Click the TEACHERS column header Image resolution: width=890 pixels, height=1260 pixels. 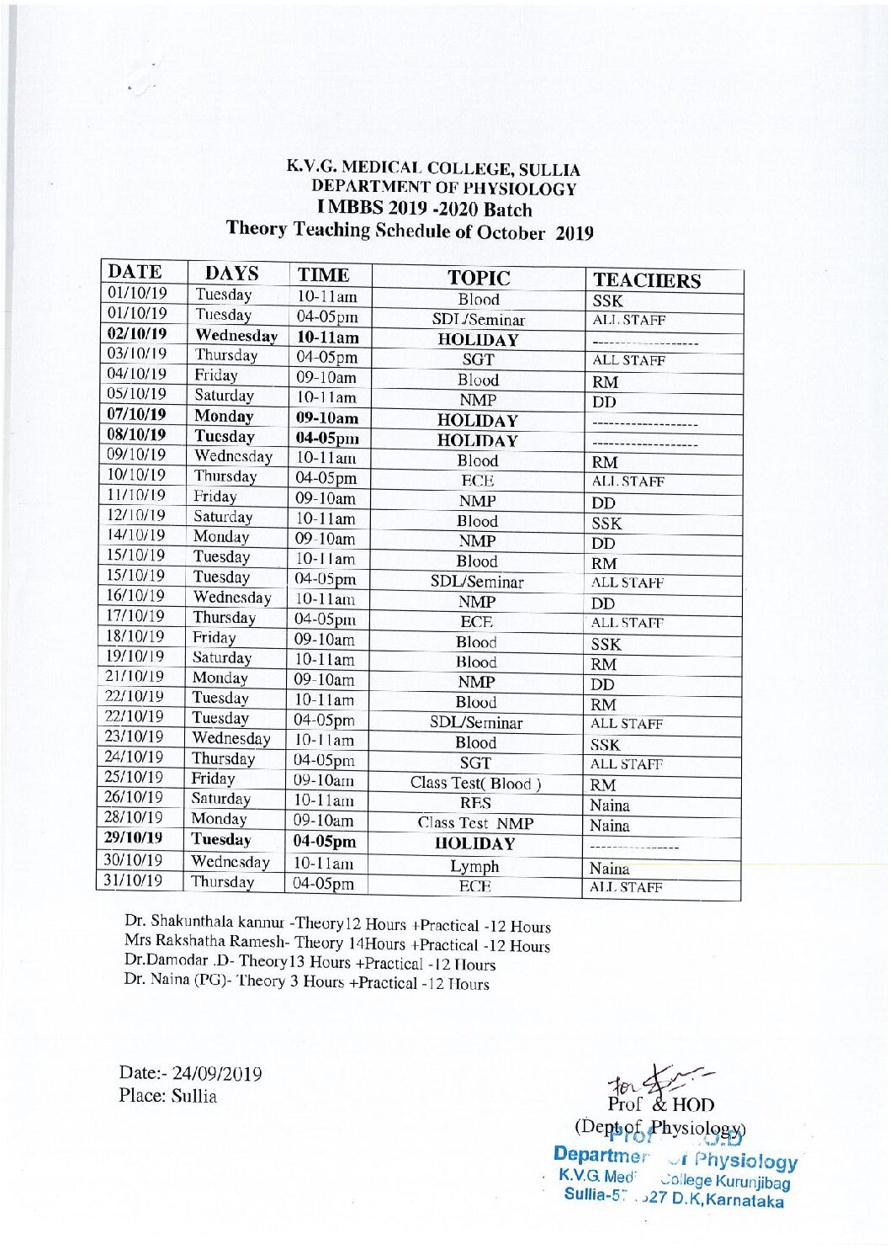tap(646, 280)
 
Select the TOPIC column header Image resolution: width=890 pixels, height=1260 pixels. tap(479, 278)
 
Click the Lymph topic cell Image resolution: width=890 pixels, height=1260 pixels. tap(474, 866)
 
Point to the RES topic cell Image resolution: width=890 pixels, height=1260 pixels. tap(475, 804)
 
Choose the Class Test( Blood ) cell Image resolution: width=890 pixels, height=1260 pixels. tap(475, 783)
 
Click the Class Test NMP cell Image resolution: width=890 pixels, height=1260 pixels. tap(475, 823)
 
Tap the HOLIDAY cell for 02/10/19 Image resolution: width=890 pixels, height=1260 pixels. tap(478, 340)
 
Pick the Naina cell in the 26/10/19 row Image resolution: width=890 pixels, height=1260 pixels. tap(610, 805)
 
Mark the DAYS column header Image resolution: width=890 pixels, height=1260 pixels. tap(232, 274)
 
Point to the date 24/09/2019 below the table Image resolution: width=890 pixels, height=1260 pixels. tap(217, 1074)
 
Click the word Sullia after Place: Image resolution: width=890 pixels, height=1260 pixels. tap(194, 1096)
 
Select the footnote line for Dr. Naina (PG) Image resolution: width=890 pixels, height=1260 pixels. tap(306, 981)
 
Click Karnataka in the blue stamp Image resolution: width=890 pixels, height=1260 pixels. tap(745, 1200)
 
